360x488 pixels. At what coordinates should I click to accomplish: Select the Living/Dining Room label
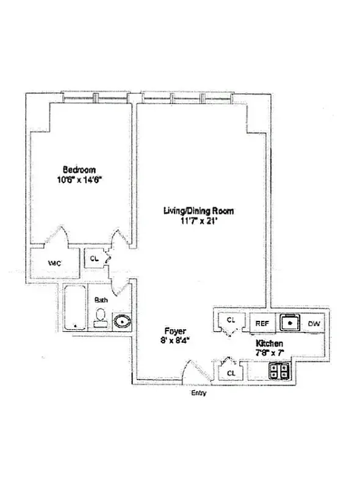tap(199, 211)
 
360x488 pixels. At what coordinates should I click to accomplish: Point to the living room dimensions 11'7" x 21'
tap(199, 221)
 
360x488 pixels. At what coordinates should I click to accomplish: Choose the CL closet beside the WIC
tap(94, 257)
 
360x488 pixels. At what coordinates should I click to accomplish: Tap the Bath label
tap(101, 300)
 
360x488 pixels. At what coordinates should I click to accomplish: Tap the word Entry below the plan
tap(199, 393)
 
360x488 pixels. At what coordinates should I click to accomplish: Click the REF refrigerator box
tap(262, 323)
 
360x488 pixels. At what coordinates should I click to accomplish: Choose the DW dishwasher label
tap(314, 323)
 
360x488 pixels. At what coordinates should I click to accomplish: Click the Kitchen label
tap(268, 343)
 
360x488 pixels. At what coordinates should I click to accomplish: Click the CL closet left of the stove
tap(231, 372)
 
